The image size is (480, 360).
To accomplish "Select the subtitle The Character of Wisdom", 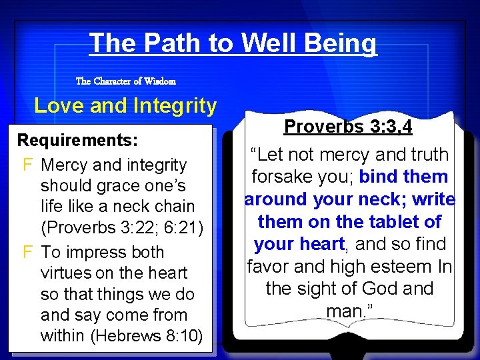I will [x=126, y=81].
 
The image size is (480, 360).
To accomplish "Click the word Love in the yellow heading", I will [x=57, y=106].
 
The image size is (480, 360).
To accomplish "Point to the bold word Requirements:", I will [x=77, y=141].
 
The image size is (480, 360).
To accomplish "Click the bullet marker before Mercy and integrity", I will [x=27, y=165].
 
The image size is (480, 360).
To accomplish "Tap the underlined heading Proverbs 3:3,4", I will [x=348, y=127].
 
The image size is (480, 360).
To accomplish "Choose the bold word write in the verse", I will [x=433, y=199].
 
